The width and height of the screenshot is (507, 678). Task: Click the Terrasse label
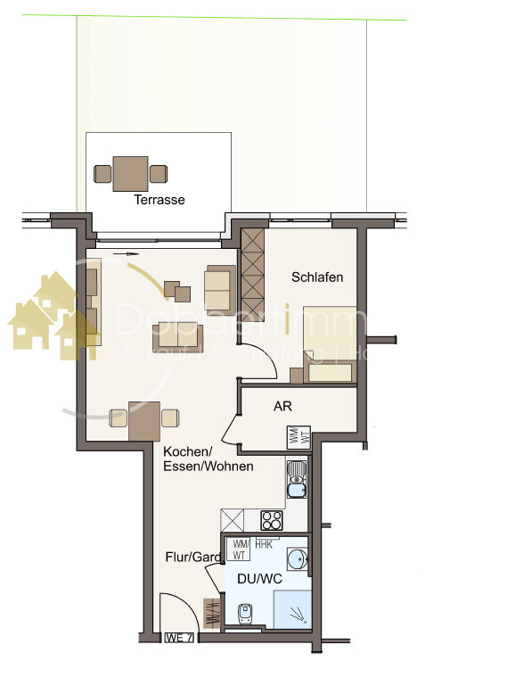pos(159,200)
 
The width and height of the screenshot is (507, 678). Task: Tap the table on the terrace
pos(130,173)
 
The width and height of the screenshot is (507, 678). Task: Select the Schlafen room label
pos(317,277)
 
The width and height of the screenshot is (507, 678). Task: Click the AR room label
pos(282,406)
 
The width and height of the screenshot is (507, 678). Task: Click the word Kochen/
pos(184,451)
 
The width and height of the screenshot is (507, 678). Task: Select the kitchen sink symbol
pos(297,480)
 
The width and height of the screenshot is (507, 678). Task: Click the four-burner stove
pos(271,519)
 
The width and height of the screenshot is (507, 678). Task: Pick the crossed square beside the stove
pos(233,519)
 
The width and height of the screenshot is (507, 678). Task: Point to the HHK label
pos(265,543)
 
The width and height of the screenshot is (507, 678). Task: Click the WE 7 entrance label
pos(179,638)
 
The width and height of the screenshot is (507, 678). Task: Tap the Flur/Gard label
pos(192,558)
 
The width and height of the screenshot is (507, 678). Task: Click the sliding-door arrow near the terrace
pos(127,254)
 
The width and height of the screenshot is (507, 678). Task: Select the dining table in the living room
pos(143,419)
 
